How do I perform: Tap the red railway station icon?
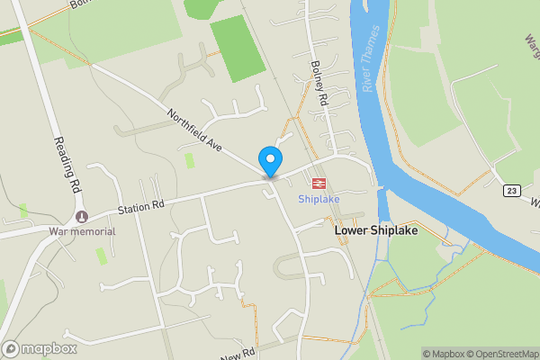tap(318, 183)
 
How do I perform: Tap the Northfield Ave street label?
tap(193, 129)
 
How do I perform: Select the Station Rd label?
tap(141, 209)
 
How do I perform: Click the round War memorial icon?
tap(82, 216)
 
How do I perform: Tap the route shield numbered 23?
tap(512, 190)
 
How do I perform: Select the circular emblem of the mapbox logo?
tap(12, 348)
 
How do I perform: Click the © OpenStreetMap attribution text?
tap(503, 354)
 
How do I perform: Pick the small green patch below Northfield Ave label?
tap(189, 160)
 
